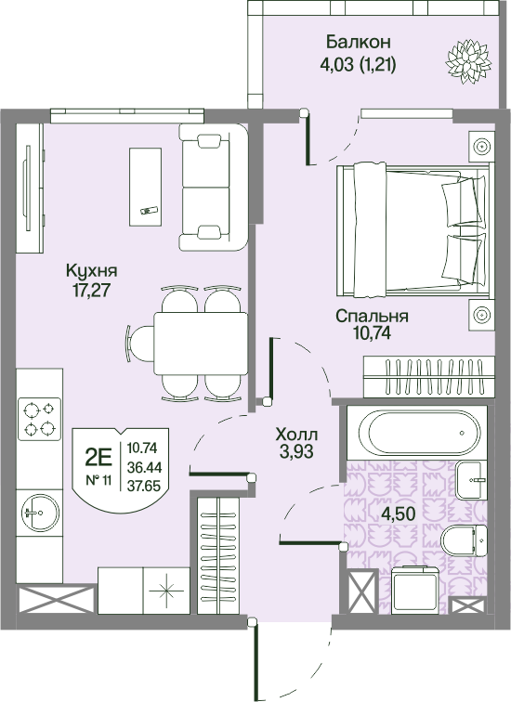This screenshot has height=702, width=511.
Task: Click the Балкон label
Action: pos(359,42)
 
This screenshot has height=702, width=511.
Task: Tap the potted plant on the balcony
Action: pos(468,61)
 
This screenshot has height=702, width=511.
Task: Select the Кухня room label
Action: pos(91,270)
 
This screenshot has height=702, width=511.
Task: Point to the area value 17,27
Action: pos(91,290)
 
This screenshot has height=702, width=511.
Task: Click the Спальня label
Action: pos(373,316)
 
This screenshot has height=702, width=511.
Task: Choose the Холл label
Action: pos(296,435)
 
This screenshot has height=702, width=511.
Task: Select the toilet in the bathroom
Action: pos(464,539)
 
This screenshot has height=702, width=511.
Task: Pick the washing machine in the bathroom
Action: pos(415,590)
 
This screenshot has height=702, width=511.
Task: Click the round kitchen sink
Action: pos(40,513)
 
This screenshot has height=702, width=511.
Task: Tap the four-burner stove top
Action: pos(39,419)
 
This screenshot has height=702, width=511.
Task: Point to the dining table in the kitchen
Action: pos(201,344)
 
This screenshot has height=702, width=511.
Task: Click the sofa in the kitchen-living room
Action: pos(213,188)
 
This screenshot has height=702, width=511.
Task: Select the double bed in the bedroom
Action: pos(413,229)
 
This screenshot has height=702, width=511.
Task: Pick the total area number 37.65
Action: pos(144,486)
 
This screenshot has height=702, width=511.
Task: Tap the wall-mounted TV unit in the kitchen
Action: pos(31,188)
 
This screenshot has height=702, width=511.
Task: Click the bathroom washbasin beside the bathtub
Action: pos(471,480)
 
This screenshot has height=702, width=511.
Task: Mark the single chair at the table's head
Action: pos(139,344)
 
